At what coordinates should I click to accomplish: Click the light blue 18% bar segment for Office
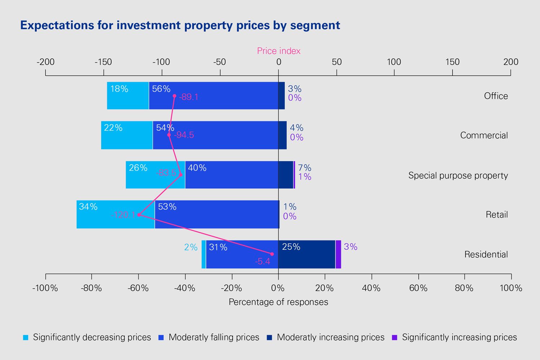[x=128, y=96]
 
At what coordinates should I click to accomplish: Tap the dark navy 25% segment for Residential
[x=307, y=254]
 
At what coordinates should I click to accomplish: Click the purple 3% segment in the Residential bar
[x=338, y=254]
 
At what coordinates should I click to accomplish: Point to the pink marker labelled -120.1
[x=139, y=215]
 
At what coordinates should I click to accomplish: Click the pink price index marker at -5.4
[x=272, y=254]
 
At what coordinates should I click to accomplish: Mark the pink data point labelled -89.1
[x=175, y=96]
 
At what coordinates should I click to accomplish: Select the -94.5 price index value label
[x=184, y=135]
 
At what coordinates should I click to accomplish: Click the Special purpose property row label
[x=458, y=175]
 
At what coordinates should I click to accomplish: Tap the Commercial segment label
[x=484, y=135]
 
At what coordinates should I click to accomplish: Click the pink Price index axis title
[x=279, y=51]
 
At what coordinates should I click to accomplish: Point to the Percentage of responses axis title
[x=278, y=302]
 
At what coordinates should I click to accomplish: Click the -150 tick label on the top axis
[x=103, y=62]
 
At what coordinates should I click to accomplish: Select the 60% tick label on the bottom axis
[x=418, y=288]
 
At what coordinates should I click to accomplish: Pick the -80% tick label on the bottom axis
[x=91, y=288]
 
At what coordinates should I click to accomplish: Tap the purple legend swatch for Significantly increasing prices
[x=394, y=338]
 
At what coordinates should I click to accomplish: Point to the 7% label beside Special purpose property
[x=305, y=168]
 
